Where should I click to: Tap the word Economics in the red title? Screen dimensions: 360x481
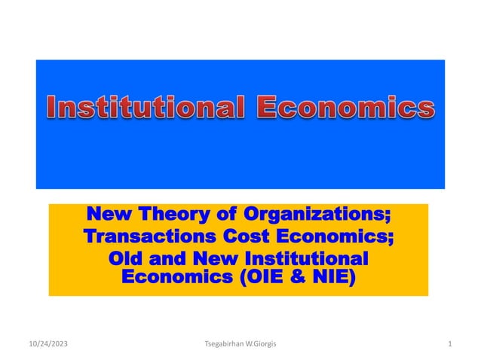click(x=347, y=108)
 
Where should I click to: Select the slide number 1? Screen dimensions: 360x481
click(x=449, y=345)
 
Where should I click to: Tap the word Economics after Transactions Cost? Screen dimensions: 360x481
click(x=339, y=237)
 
